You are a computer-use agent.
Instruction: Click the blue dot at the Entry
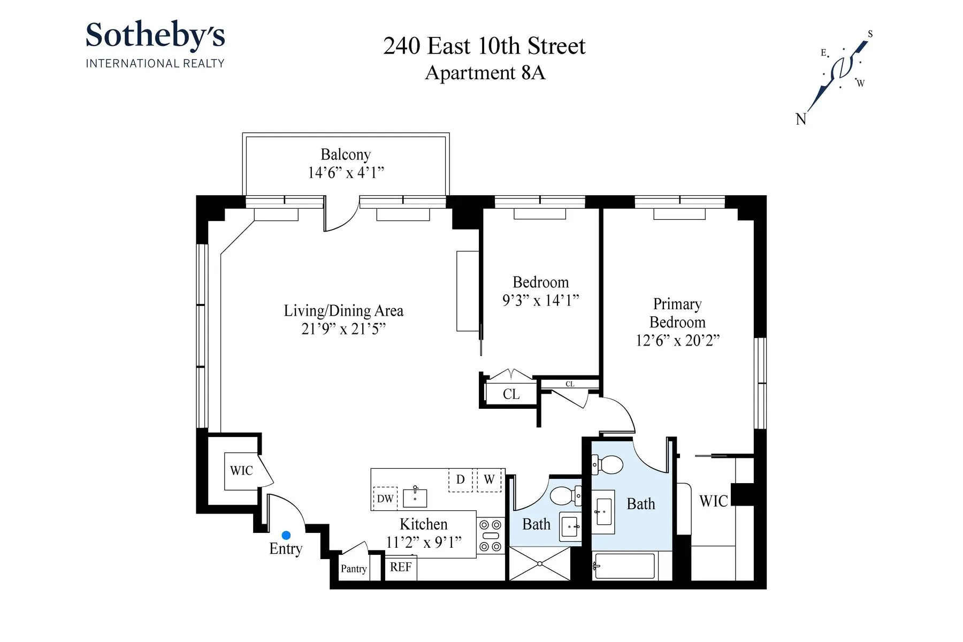(286, 535)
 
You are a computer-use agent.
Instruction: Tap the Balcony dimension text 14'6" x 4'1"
(346, 173)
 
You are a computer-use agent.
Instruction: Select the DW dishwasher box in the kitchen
(385, 499)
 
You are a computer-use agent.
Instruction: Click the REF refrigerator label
(401, 567)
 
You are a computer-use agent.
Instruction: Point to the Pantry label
(354, 569)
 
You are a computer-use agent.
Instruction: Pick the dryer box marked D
(460, 479)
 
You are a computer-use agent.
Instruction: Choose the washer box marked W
(489, 479)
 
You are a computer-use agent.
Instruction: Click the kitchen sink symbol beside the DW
(415, 498)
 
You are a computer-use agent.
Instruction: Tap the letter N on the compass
(801, 119)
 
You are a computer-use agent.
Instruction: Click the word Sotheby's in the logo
(155, 35)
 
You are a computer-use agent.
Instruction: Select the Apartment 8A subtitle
(485, 73)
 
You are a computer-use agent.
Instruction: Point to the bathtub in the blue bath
(624, 566)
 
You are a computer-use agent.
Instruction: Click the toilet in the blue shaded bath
(608, 465)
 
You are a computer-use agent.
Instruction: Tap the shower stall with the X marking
(540, 563)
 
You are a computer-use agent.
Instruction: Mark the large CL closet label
(511, 394)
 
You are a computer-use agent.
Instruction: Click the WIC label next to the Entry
(241, 471)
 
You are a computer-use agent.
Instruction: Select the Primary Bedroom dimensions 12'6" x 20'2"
(677, 341)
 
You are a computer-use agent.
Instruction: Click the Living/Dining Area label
(343, 311)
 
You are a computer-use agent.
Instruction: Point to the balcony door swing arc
(342, 219)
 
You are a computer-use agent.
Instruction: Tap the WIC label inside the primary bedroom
(713, 501)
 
